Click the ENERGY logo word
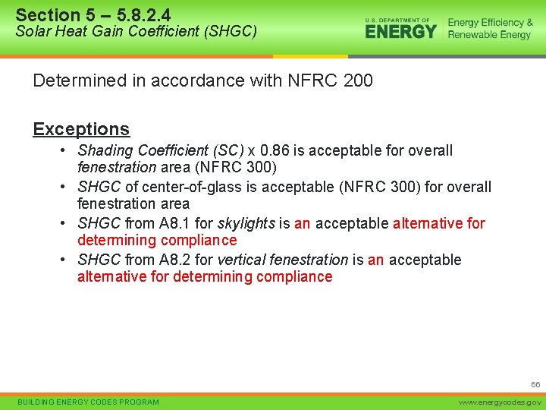click(400, 31)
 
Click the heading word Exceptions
click(81, 129)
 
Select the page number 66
click(535, 385)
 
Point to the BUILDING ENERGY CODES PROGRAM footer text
click(88, 402)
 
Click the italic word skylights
click(246, 223)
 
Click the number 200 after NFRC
click(358, 80)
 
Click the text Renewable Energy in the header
click(489, 35)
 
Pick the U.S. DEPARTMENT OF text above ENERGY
click(397, 20)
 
